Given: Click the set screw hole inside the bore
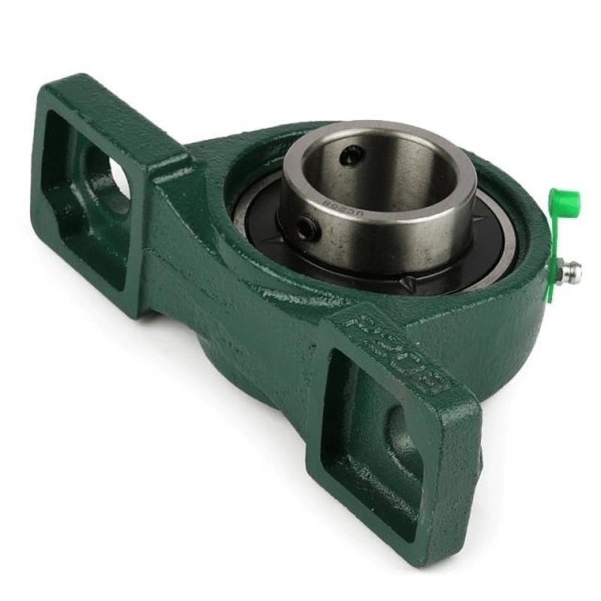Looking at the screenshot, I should click(x=351, y=156).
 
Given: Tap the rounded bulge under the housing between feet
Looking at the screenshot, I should click(x=225, y=346).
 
